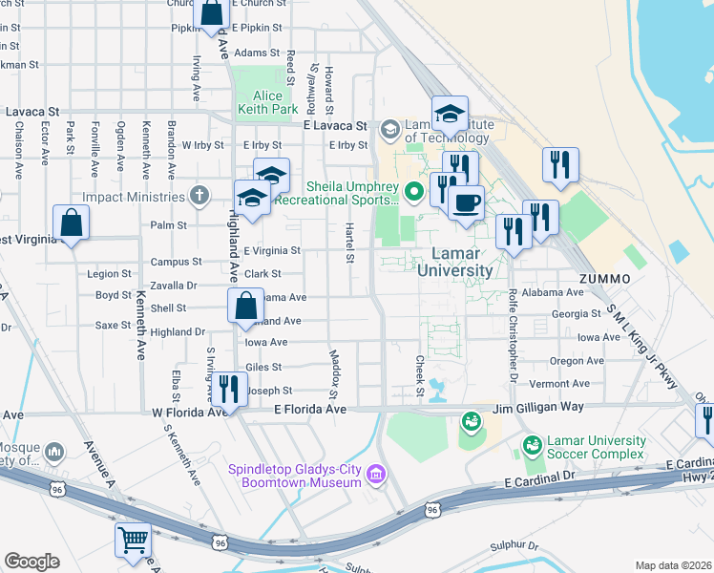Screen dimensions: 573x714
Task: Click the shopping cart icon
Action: (133, 540)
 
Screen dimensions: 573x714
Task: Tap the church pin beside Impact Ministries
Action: (199, 197)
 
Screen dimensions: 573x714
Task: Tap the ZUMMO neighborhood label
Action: (603, 277)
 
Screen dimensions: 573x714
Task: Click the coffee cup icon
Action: (466, 202)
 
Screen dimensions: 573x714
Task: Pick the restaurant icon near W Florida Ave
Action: (228, 387)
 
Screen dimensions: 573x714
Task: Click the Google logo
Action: (32, 562)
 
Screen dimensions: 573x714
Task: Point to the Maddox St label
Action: (334, 373)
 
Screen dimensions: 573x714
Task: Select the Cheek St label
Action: (419, 372)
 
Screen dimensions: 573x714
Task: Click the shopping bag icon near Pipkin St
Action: (211, 13)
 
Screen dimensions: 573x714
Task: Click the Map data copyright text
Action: (673, 565)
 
